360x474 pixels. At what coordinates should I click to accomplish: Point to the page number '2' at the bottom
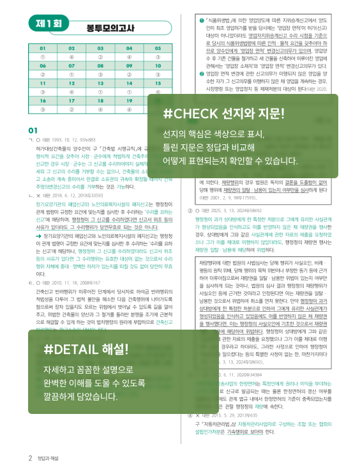[30, 459]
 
